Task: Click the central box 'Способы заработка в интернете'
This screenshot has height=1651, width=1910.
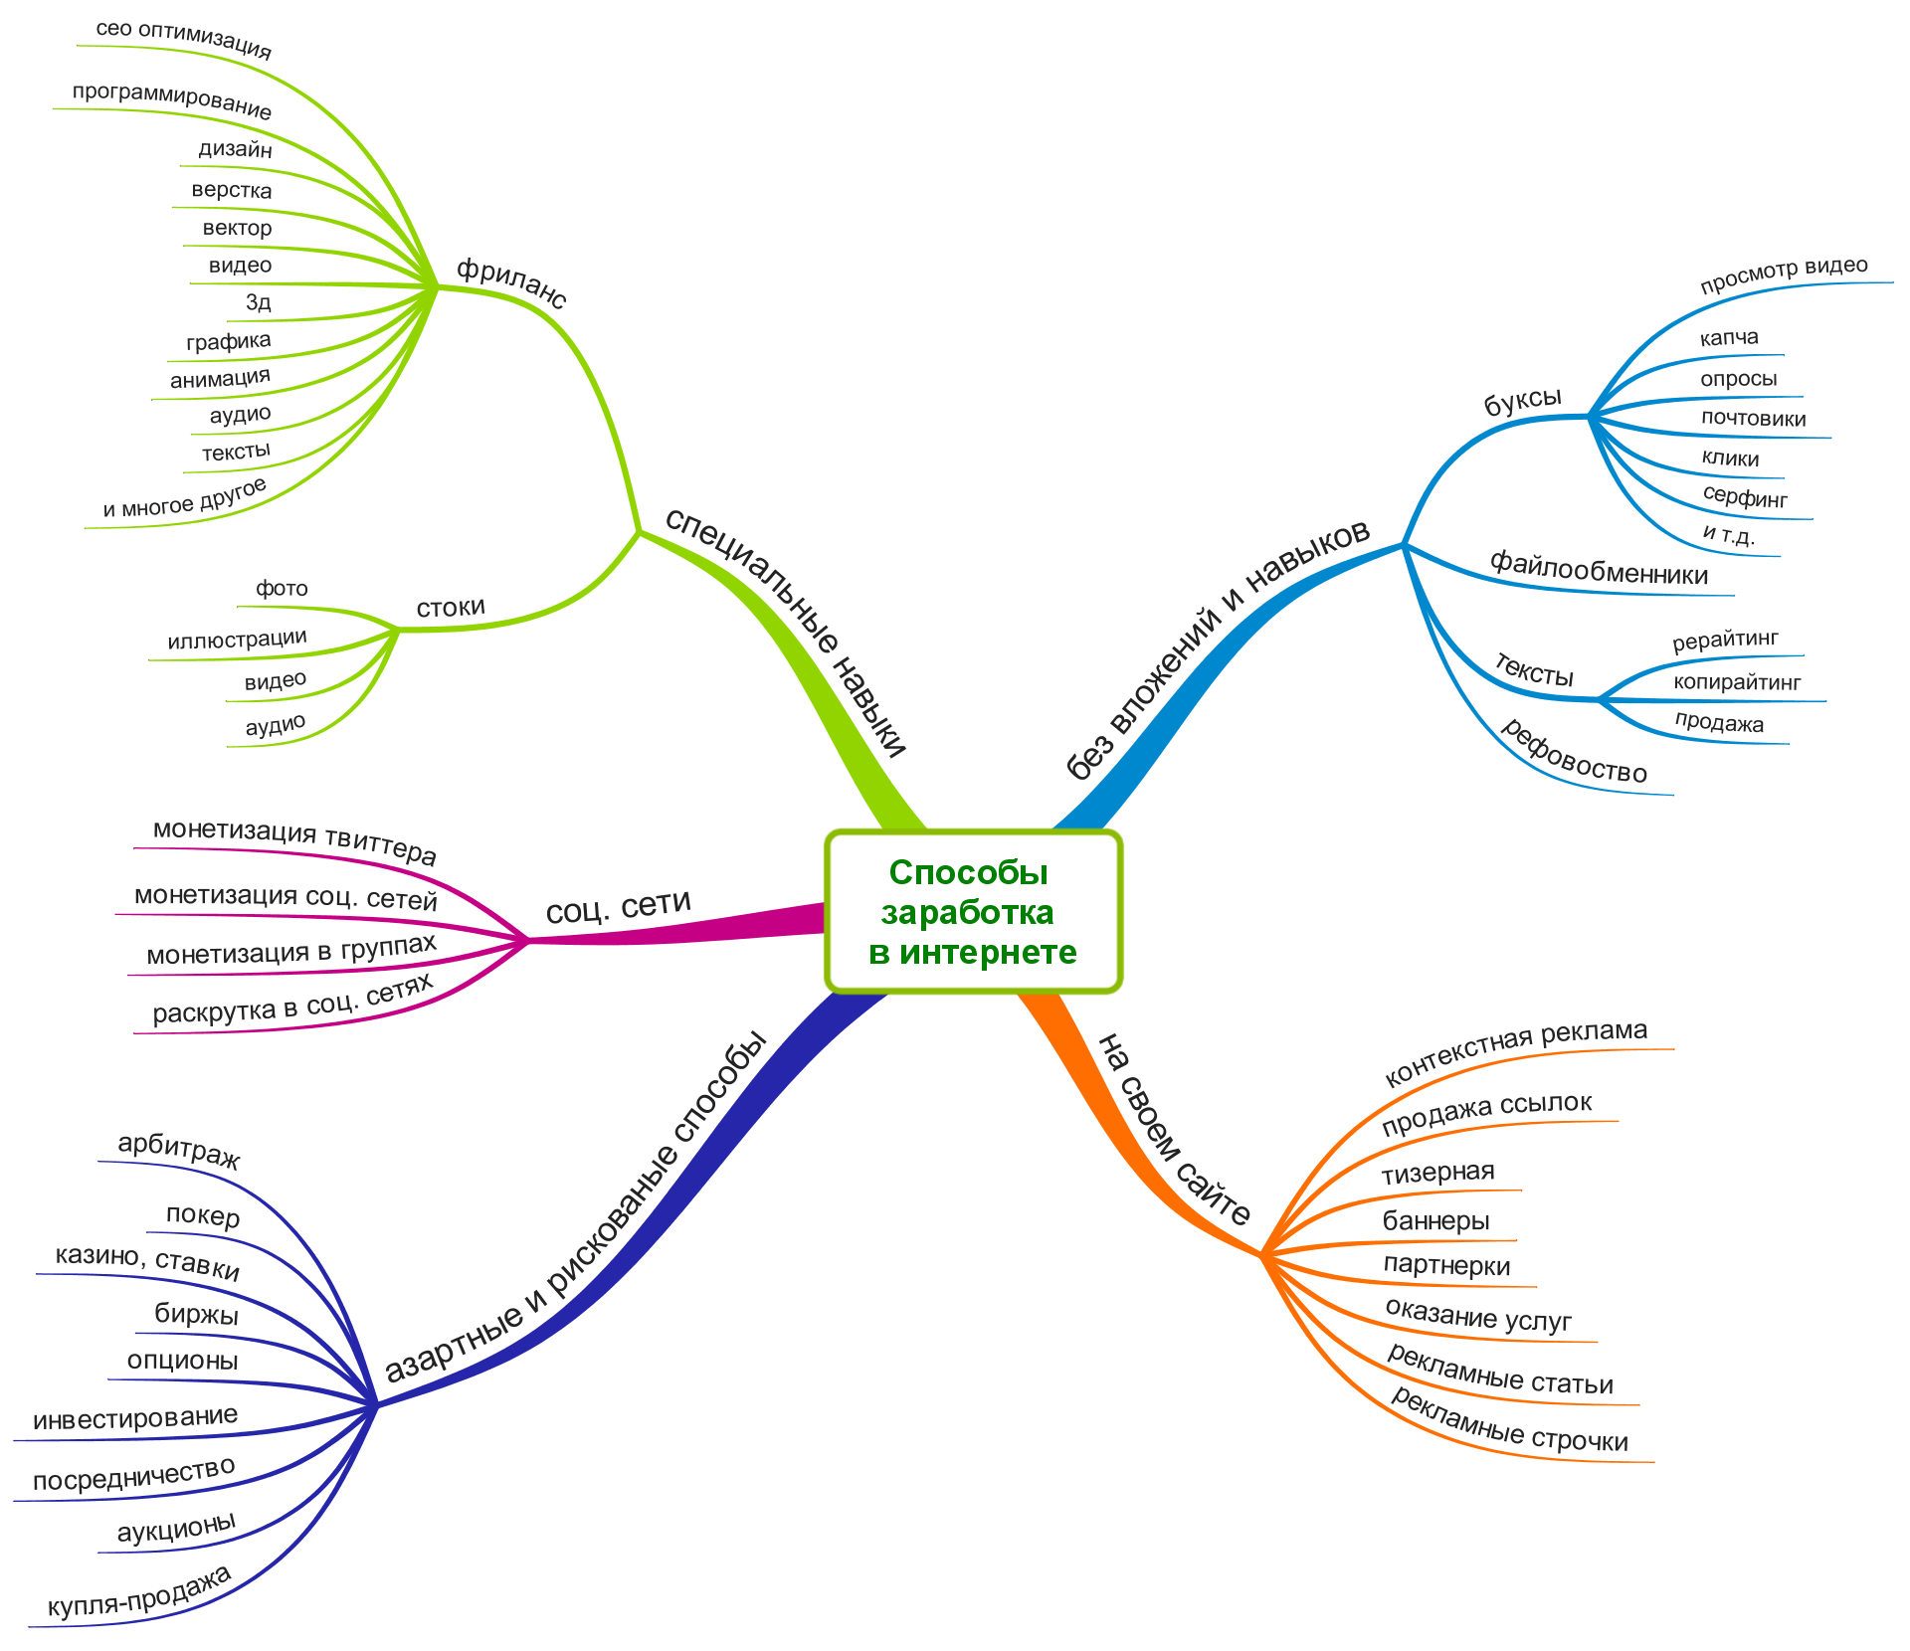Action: (x=973, y=912)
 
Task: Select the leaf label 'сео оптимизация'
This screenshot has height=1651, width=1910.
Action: (x=183, y=38)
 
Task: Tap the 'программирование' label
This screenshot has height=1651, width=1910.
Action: (x=171, y=100)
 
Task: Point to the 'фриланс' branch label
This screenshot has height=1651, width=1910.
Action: (x=511, y=282)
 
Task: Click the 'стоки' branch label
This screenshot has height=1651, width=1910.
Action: (x=451, y=607)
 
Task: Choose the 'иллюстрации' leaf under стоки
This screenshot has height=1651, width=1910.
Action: (x=237, y=639)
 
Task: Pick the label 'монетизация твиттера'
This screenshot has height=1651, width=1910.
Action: (x=294, y=840)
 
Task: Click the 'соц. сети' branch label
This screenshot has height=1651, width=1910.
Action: (x=618, y=906)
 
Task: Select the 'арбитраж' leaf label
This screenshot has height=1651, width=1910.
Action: (x=179, y=1150)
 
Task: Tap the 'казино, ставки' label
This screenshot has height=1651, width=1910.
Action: (x=147, y=1260)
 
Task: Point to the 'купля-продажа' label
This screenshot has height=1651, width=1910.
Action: (x=139, y=1590)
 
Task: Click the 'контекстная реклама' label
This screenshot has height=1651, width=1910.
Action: (x=1515, y=1050)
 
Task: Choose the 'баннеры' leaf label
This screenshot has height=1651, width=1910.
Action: (x=1435, y=1220)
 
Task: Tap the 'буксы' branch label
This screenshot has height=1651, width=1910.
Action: (x=1522, y=401)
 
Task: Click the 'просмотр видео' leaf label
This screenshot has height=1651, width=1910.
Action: (x=1784, y=275)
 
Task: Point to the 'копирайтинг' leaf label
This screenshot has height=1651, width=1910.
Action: (x=1737, y=682)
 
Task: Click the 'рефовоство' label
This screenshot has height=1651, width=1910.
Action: (x=1573, y=752)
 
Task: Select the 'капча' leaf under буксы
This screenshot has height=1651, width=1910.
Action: (x=1729, y=337)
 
